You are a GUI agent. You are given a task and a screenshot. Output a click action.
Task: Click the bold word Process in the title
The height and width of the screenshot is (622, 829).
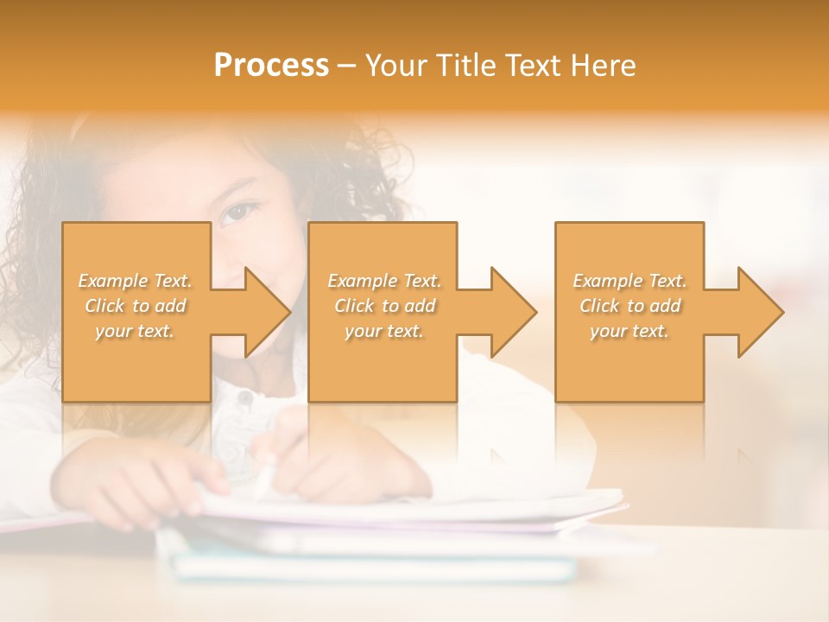point(271,66)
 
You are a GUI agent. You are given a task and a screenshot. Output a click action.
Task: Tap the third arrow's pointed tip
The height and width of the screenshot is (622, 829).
point(782,312)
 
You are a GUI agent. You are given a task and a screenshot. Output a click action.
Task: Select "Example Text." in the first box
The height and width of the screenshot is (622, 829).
point(136,281)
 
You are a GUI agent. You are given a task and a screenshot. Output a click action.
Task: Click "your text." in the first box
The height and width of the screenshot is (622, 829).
point(136,331)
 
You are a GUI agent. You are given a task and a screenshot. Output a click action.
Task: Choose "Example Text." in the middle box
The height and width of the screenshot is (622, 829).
point(384,281)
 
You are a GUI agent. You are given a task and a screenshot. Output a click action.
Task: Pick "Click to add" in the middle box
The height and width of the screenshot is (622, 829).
point(384,306)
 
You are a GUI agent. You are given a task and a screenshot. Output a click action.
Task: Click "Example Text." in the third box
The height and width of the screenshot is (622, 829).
point(630,281)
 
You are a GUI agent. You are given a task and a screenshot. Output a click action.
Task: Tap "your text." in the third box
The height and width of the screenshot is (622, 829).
point(630,331)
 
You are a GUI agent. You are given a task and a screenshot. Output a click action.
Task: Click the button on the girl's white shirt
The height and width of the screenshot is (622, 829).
point(244,399)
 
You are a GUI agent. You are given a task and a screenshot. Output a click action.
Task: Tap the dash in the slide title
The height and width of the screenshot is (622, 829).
point(347,67)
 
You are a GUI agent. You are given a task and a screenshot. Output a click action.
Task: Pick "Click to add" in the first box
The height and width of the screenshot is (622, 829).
point(136,306)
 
